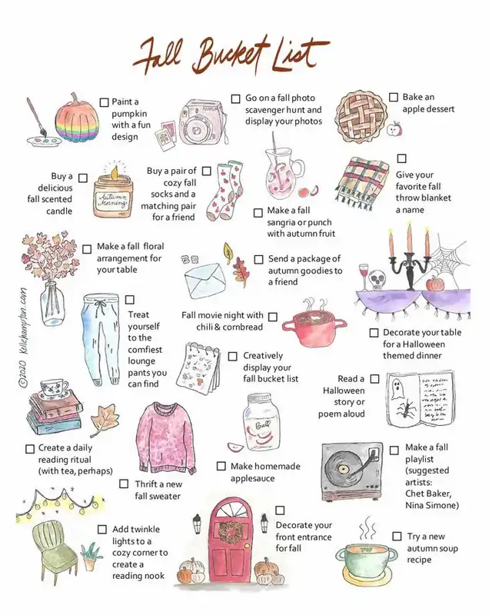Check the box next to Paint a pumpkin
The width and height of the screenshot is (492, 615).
[x=104, y=102]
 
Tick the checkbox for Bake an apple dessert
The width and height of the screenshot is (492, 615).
[x=393, y=97]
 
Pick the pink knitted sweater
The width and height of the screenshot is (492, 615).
[x=167, y=437]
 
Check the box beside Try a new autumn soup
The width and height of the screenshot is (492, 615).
[x=397, y=536]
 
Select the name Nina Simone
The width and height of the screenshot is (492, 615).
[x=431, y=505]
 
